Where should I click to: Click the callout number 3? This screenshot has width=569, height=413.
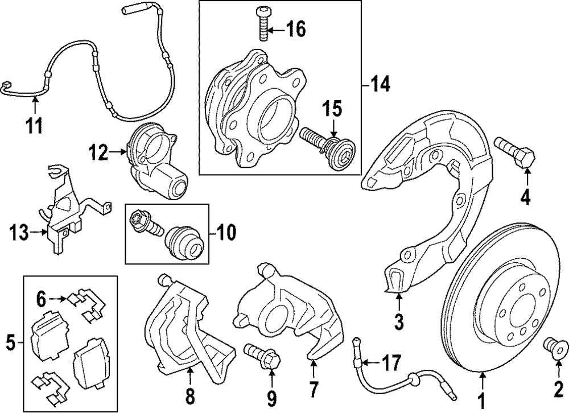[x=398, y=322]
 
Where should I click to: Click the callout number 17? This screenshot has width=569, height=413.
[x=390, y=362]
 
